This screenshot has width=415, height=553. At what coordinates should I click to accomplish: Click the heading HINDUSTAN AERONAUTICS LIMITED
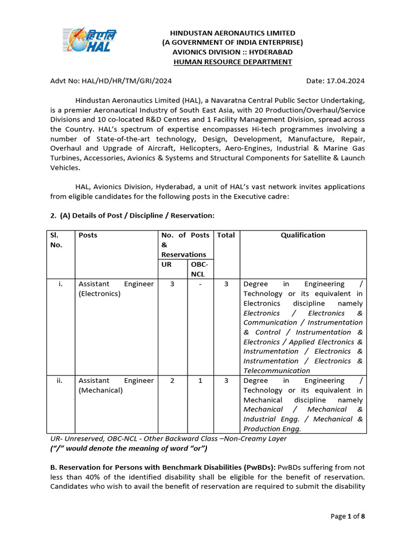(x=232, y=33)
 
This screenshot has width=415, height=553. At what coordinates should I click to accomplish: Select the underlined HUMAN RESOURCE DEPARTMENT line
(x=232, y=62)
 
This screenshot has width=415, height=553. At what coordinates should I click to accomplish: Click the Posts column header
(x=88, y=235)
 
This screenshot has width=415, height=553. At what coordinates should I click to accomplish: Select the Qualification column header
(x=303, y=235)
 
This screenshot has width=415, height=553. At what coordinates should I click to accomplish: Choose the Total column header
(x=226, y=235)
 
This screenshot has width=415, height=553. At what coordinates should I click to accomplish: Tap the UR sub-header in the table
(x=166, y=265)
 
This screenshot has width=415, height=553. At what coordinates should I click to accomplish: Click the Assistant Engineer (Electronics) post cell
(x=116, y=289)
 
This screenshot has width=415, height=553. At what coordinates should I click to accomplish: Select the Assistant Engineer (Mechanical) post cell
(x=116, y=385)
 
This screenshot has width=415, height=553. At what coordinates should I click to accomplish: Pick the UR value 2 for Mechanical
(x=172, y=381)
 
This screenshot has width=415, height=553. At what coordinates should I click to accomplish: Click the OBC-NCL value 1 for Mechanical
(x=200, y=381)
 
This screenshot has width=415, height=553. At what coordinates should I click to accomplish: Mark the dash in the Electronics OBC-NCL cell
(x=200, y=284)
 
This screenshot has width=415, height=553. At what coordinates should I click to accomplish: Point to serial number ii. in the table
(x=61, y=381)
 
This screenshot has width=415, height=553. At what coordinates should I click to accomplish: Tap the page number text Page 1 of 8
(x=347, y=516)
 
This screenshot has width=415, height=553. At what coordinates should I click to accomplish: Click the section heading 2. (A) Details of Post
(x=132, y=215)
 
